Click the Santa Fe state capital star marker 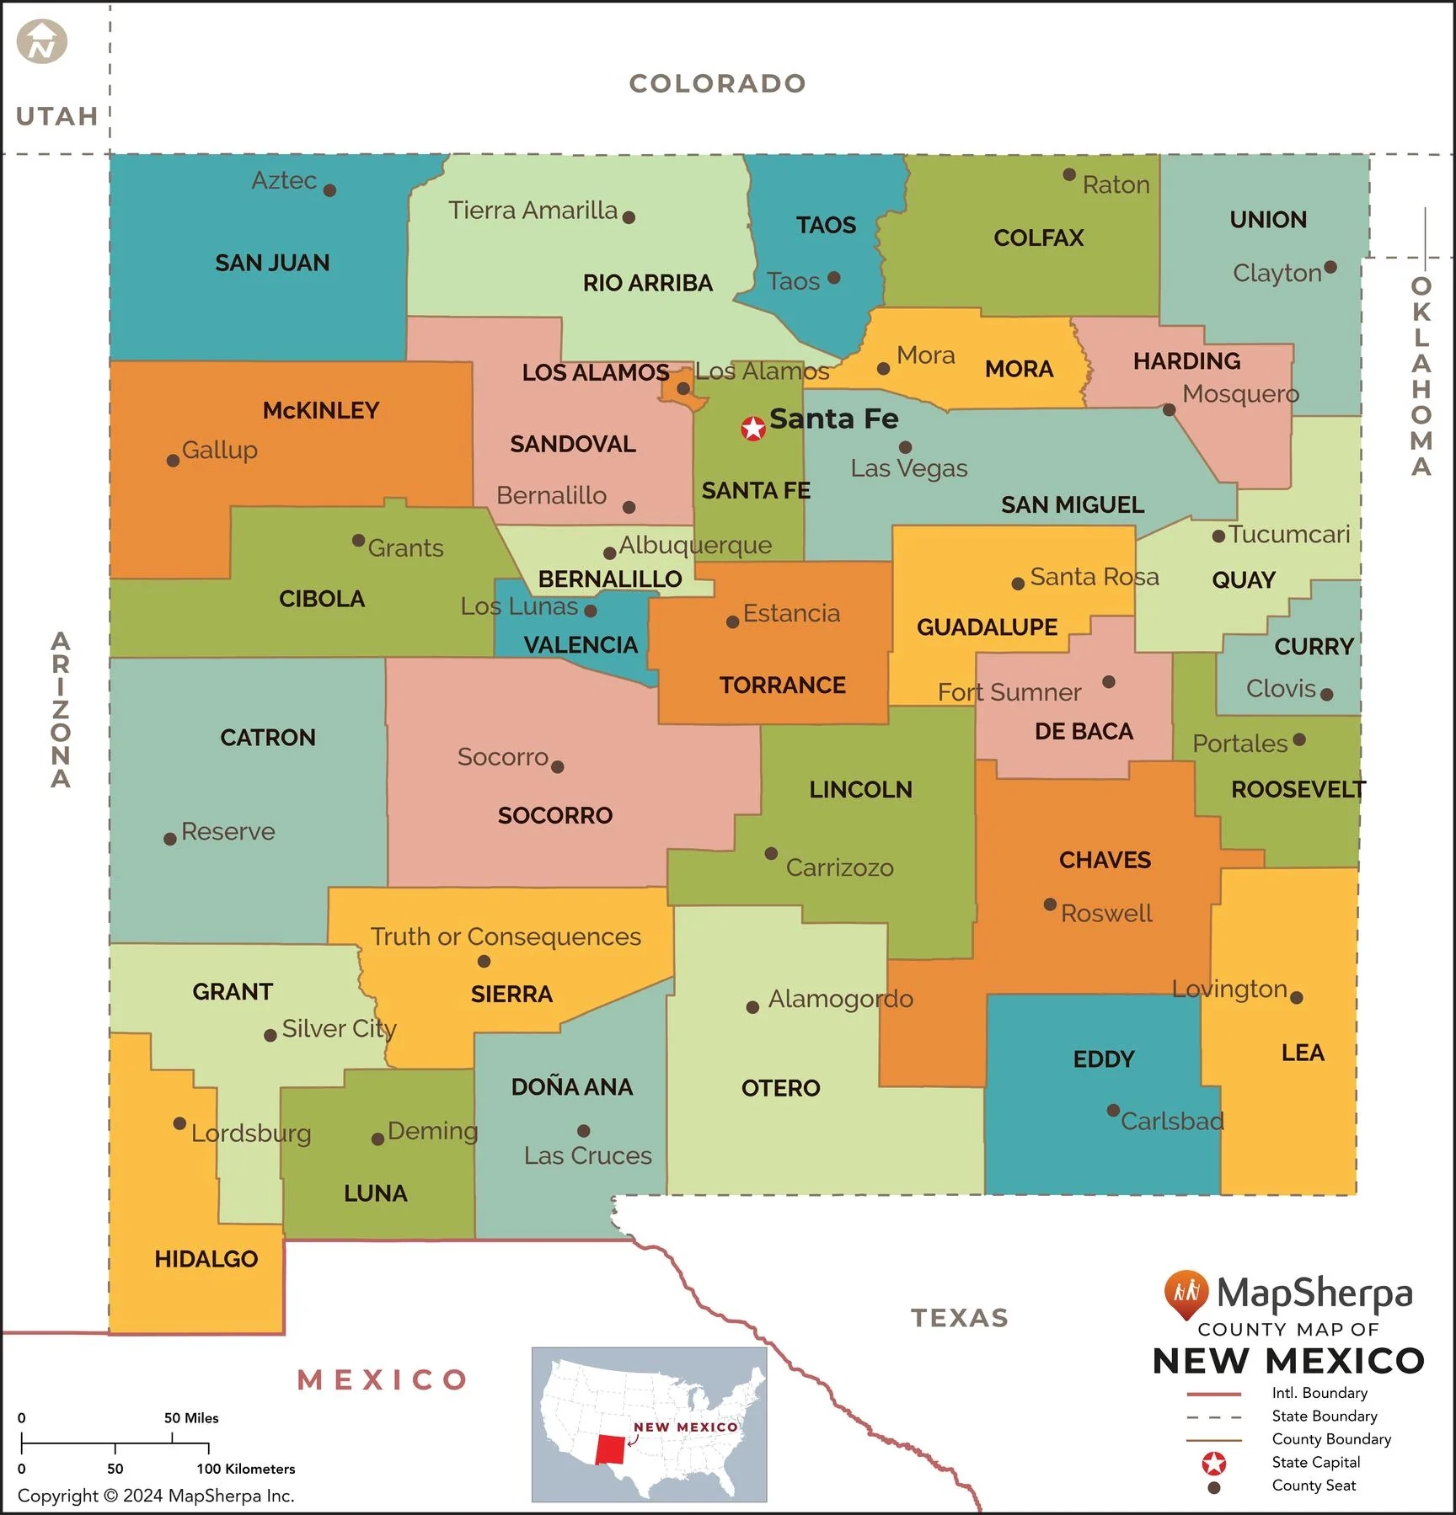[752, 429]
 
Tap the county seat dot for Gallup [173, 461]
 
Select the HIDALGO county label [206, 1259]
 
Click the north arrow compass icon [41, 42]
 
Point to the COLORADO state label [717, 83]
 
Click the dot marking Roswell [1050, 904]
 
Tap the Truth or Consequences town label [506, 936]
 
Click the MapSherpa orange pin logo [1186, 1293]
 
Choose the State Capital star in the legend [1213, 1464]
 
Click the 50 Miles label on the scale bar [191, 1418]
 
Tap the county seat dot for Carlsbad [1113, 1111]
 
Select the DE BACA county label [1084, 731]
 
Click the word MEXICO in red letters [383, 1380]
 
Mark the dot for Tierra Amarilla [629, 217]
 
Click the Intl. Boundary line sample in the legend [1213, 1394]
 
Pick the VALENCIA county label [581, 645]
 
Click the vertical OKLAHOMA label [1421, 376]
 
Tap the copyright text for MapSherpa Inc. [156, 1496]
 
